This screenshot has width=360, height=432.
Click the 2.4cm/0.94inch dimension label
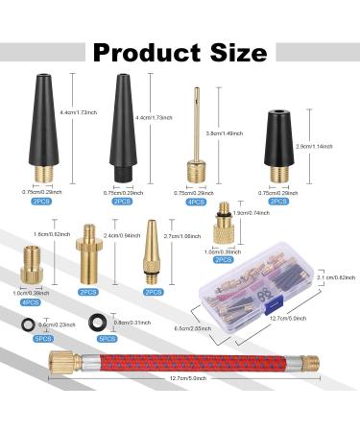118,260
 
